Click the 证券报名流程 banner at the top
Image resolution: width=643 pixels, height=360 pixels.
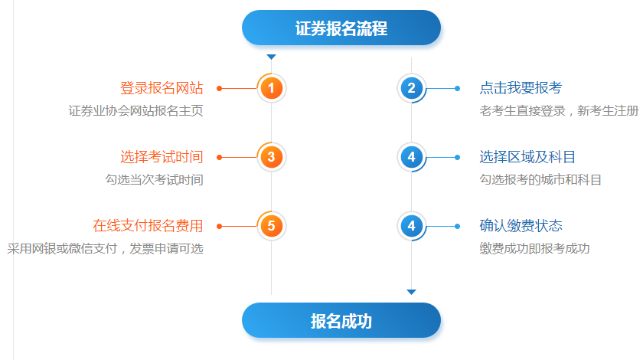[x=341, y=28]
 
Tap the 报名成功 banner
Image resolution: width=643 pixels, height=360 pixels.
[x=341, y=321]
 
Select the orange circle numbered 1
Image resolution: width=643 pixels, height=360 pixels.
[x=271, y=88]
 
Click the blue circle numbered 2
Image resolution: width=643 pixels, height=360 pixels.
[x=411, y=88]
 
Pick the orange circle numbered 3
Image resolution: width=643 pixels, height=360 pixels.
[x=271, y=157]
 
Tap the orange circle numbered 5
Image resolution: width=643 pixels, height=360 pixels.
[x=271, y=226]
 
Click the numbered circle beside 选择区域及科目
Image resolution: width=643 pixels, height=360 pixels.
[x=411, y=157]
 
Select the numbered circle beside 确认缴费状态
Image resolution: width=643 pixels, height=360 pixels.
[x=411, y=226]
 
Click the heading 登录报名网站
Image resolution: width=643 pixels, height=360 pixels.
[x=162, y=88]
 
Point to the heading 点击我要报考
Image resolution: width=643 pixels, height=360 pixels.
[x=521, y=88]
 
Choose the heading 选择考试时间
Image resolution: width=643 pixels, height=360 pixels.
[x=162, y=157]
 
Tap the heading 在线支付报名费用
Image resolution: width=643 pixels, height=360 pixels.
[x=148, y=226]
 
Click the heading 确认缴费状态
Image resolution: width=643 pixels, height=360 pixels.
[x=521, y=226]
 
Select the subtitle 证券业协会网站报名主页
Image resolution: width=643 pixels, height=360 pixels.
[x=135, y=111]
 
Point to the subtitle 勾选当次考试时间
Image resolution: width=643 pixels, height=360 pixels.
[x=154, y=180]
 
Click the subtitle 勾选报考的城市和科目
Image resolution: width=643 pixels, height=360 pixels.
[x=540, y=180]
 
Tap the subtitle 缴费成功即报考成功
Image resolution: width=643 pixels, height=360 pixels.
[x=534, y=249]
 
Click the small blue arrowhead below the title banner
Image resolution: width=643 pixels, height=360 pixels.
[x=271, y=57]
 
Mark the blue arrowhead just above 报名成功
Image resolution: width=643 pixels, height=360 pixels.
[x=411, y=292]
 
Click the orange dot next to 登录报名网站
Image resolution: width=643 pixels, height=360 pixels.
[x=220, y=88]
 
